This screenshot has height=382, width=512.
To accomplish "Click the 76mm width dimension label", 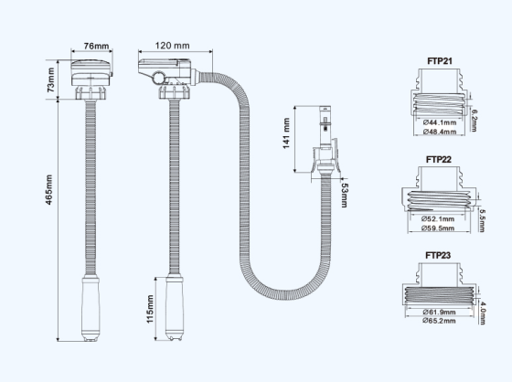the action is point(96,46).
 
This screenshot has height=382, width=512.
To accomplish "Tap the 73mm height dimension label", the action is point(51,80).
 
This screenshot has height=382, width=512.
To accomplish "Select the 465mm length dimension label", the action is point(48,190).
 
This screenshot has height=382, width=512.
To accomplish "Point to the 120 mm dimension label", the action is point(172,46).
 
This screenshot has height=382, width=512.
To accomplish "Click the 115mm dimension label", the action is point(150,309).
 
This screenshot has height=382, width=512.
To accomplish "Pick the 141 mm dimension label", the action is point(286,133).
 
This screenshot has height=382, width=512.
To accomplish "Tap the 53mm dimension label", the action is point(345,196).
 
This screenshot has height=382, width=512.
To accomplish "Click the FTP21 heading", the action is point(440,61).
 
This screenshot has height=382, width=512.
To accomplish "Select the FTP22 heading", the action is point(439,159).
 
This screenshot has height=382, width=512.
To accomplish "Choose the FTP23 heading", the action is point(438,255).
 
